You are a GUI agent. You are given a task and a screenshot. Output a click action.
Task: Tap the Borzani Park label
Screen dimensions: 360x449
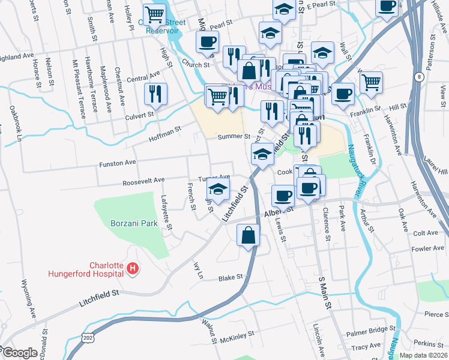pos(134,223)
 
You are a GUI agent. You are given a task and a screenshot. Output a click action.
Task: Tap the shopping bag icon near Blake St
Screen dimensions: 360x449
pos(248,235)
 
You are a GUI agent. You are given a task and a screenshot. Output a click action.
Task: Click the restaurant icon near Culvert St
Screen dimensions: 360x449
pos(155,94)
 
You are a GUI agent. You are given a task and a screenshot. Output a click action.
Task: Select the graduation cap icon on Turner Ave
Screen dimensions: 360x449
pos(218,190)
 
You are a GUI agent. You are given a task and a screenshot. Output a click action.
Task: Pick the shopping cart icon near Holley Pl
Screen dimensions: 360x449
pos(155,13)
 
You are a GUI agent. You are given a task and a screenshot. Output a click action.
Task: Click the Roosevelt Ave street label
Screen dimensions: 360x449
pos(143,181)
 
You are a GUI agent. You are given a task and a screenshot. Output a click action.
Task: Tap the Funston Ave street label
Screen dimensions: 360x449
pos(118,163)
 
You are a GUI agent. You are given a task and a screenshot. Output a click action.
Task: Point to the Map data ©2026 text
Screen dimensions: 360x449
pos(423,355)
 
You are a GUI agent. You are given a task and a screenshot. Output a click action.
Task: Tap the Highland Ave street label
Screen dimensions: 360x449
pos(17,58)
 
